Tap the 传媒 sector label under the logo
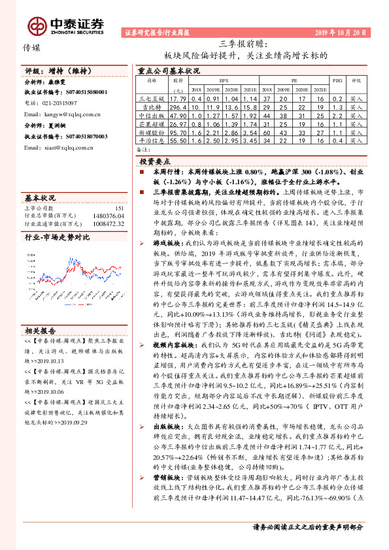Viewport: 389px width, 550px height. point(31,48)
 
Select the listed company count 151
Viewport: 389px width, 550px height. point(119,208)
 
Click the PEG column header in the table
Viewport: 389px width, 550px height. point(337,82)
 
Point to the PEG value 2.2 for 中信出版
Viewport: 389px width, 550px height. point(337,115)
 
